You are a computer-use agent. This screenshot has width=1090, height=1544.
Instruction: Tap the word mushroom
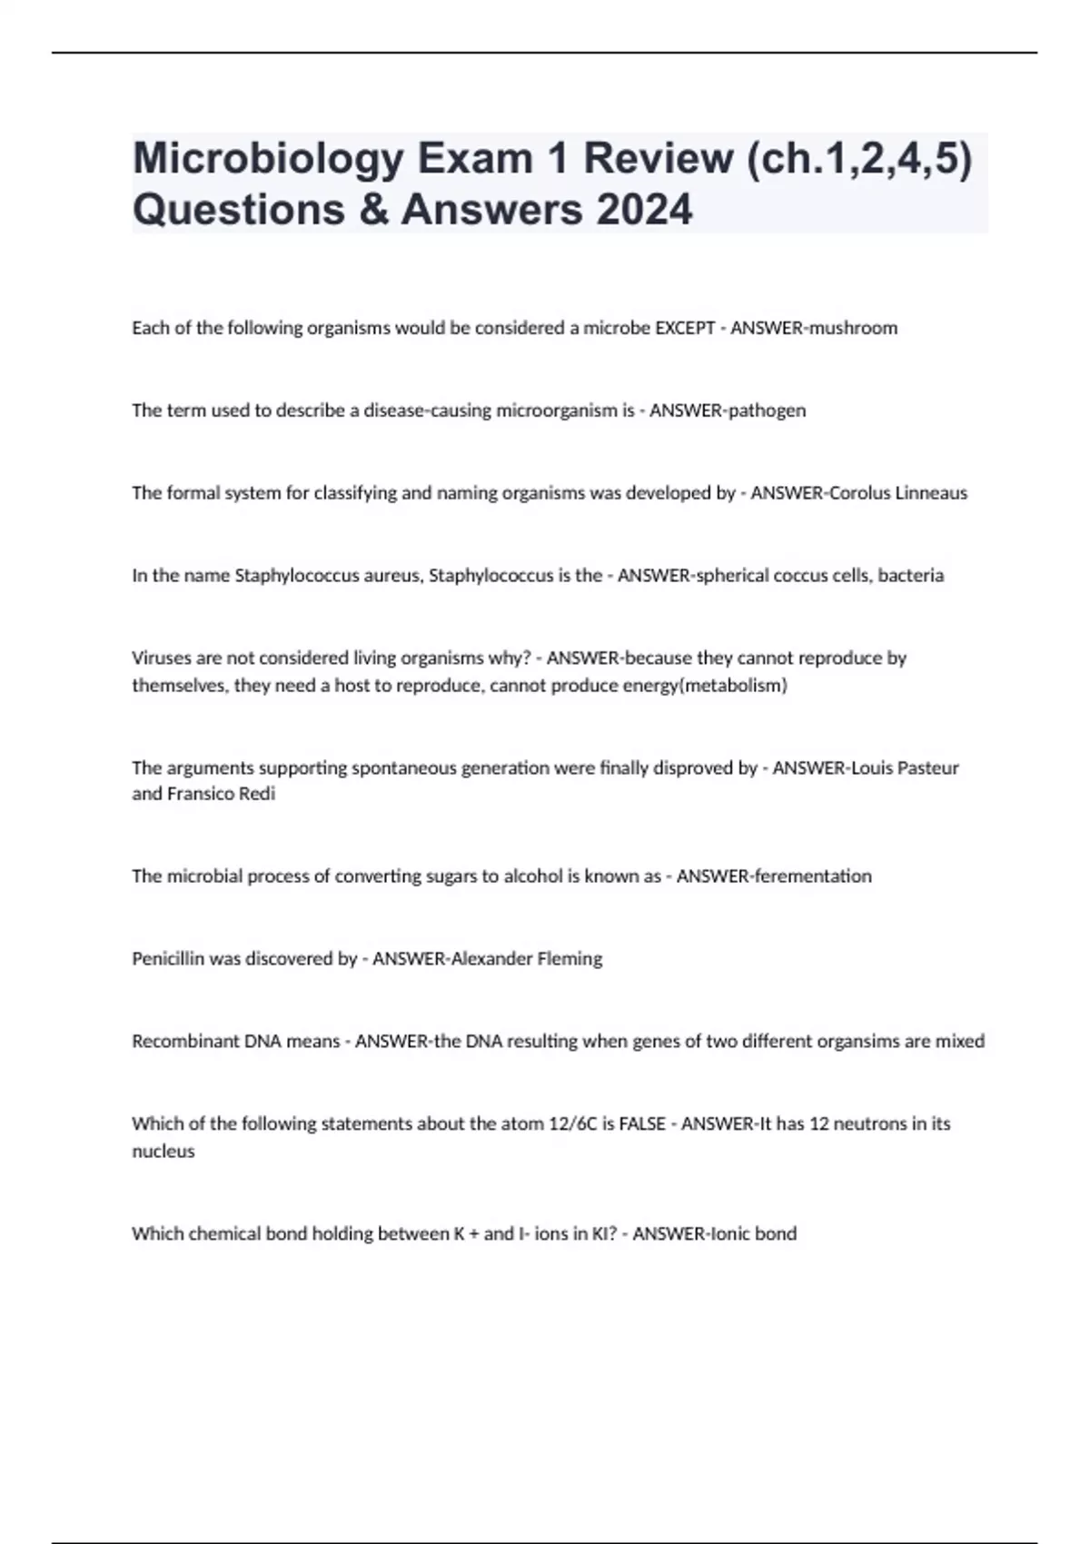click(853, 328)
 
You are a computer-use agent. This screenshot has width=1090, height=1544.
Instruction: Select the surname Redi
click(257, 794)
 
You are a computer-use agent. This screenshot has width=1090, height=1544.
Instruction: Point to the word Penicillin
click(168, 959)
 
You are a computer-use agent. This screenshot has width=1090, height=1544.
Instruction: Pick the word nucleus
click(163, 1152)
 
